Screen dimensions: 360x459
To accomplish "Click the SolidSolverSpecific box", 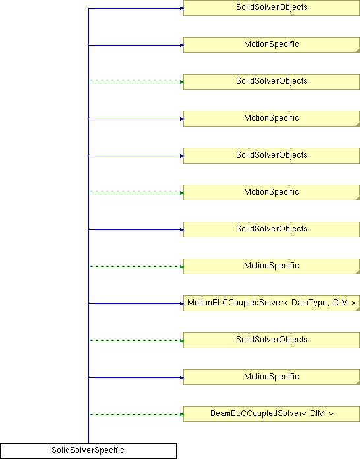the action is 88,451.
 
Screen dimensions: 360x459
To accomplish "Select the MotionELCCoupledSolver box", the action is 271,303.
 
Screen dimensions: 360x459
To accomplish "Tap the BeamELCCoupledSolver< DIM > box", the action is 271,414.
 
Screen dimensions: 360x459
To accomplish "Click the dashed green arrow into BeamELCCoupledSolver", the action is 136,414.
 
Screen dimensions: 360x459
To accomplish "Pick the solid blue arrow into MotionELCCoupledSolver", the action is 136,303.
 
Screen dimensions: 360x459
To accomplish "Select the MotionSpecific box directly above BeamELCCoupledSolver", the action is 271,377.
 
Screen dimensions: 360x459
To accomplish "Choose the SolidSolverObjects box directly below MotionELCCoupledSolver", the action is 271,340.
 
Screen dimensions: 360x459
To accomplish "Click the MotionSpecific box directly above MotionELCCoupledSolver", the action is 271,266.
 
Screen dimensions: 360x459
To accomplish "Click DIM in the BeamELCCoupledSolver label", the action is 317,413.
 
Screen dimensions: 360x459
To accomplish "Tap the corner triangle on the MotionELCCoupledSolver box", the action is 358,309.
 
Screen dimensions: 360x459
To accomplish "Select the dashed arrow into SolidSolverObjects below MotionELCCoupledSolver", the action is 136,340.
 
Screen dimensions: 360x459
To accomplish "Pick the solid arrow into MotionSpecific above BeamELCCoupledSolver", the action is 136,377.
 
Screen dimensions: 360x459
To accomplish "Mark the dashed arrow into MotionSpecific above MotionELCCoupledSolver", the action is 136,266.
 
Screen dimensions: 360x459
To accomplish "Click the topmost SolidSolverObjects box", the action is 271,8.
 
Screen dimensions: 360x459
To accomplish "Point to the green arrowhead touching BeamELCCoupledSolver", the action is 182,414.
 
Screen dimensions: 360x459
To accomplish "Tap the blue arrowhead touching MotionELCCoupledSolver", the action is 182,303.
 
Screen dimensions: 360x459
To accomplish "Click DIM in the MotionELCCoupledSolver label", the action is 340,303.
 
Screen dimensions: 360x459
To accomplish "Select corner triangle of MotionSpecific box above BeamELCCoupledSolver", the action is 358,383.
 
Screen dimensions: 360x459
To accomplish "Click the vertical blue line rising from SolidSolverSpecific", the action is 89,226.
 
